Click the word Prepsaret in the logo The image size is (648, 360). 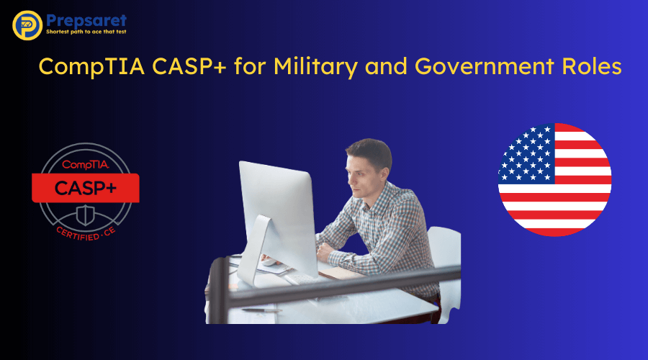pos(86,19)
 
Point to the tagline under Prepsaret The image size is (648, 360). pos(86,33)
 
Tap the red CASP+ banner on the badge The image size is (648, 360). pos(85,188)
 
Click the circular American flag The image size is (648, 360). pos(554,179)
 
